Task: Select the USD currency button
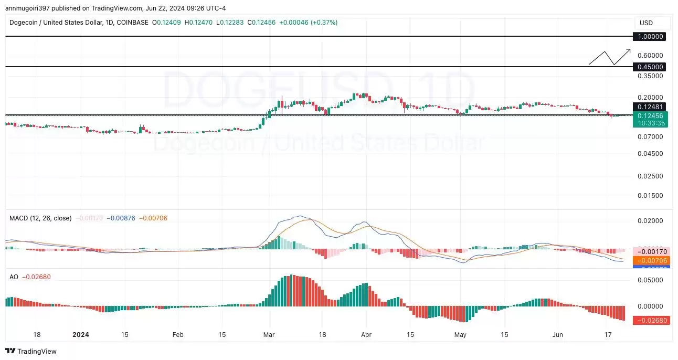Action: coord(646,23)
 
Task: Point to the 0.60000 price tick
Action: coord(650,56)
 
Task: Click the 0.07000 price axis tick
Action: coord(650,137)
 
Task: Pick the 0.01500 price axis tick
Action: coord(650,196)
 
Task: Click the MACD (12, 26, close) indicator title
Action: coord(40,218)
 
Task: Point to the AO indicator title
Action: coord(14,277)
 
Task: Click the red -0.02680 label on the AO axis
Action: coord(651,320)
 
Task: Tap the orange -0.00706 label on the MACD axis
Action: coord(651,260)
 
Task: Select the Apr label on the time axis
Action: coord(366,334)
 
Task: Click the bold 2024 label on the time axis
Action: coord(81,334)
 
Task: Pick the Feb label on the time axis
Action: coord(178,334)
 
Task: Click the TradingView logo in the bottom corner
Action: coord(31,351)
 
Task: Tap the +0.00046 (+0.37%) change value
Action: coord(308,23)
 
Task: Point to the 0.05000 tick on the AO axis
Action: coord(650,280)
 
